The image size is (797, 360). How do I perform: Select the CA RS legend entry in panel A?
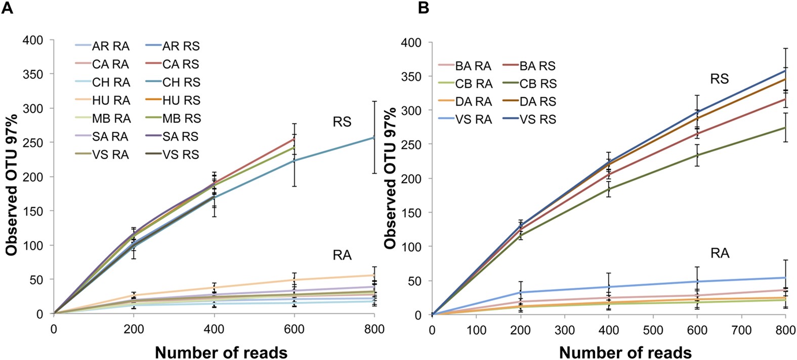pyautogui.click(x=180, y=64)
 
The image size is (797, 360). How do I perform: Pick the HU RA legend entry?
pyautogui.click(x=111, y=100)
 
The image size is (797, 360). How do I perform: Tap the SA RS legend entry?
pyautogui.click(x=180, y=136)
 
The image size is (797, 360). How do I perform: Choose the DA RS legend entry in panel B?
pyautogui.click(x=537, y=101)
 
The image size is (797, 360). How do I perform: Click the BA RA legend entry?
pyautogui.click(x=473, y=66)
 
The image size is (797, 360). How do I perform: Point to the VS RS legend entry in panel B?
pyautogui.click(x=537, y=119)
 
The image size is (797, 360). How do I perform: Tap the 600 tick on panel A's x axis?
pyautogui.click(x=294, y=330)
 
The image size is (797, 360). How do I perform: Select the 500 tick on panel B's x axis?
pyautogui.click(x=653, y=331)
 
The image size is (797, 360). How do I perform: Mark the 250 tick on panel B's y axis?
pyautogui.click(x=413, y=144)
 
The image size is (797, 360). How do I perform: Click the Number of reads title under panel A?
pyautogui.click(x=221, y=352)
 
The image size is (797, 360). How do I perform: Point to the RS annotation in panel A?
pyautogui.click(x=342, y=122)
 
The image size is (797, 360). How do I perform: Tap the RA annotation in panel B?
pyautogui.click(x=719, y=253)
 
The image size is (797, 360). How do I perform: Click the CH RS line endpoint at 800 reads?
pyautogui.click(x=374, y=137)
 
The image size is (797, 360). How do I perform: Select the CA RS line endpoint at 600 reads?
pyautogui.click(x=294, y=139)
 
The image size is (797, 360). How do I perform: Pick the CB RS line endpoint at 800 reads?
pyautogui.click(x=785, y=128)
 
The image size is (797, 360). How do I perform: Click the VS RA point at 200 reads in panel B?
pyautogui.click(x=520, y=292)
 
